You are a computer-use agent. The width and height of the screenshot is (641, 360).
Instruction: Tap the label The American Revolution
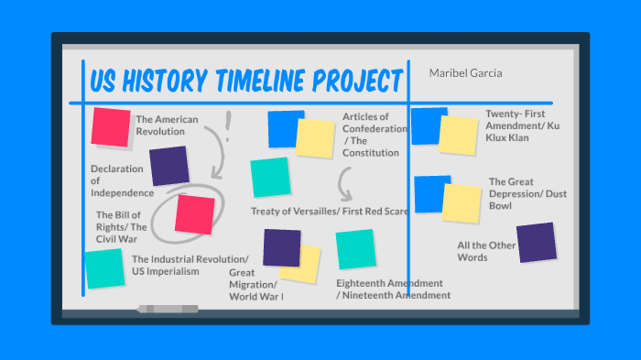click(160, 125)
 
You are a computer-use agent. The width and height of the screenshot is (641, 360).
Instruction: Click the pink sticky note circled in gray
click(194, 213)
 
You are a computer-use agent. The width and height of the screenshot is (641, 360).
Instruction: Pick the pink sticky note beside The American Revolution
click(111, 126)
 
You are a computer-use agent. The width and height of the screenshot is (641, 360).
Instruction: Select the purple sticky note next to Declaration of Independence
click(169, 166)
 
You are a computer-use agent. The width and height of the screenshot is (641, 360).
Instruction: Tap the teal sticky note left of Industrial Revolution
click(104, 268)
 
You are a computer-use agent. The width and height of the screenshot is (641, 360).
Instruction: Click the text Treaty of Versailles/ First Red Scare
click(330, 212)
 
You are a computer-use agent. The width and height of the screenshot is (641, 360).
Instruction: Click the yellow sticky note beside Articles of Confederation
click(315, 137)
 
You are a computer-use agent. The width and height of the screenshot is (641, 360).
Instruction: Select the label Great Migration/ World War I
click(255, 284)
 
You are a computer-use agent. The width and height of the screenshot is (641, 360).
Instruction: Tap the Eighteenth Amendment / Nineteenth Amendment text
click(393, 289)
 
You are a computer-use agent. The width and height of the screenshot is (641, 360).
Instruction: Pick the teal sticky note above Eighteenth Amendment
click(355, 249)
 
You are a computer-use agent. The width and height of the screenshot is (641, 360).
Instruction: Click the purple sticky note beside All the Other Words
click(536, 242)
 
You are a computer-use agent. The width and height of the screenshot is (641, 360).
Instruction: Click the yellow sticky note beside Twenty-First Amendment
click(458, 135)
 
